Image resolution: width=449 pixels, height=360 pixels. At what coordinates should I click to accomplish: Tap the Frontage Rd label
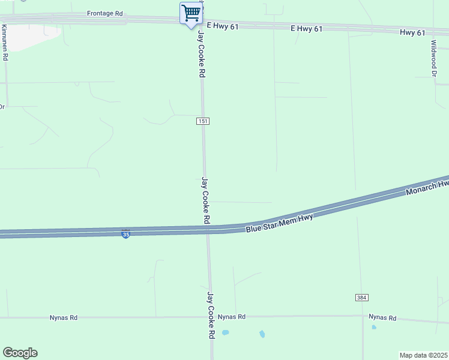[x=104, y=13]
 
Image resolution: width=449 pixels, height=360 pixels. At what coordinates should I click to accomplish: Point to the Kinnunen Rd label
[x=5, y=42]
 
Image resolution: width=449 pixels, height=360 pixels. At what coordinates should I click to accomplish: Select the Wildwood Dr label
[x=433, y=58]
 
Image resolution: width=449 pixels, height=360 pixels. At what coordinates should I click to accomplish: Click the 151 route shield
[x=203, y=121]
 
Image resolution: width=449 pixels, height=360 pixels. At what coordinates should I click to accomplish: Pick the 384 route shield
[x=361, y=298]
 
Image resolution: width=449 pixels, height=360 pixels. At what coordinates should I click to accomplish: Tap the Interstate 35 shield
[x=125, y=235]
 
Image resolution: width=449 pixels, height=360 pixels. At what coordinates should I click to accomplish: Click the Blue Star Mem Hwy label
[x=280, y=223]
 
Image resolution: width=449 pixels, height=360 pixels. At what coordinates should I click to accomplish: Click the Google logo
[x=20, y=353]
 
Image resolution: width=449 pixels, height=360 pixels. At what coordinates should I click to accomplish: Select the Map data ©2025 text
[x=423, y=355]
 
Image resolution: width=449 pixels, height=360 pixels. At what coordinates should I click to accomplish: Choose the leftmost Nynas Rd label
[x=65, y=318]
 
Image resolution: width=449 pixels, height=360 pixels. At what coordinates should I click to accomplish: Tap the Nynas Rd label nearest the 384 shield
[x=382, y=317]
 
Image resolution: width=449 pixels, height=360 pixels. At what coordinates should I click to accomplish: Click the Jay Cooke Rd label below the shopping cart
[x=202, y=55]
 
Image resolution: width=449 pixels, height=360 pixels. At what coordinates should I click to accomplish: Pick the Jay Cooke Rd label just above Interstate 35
[x=205, y=200]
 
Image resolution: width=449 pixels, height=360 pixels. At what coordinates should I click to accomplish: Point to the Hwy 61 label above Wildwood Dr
[x=412, y=32]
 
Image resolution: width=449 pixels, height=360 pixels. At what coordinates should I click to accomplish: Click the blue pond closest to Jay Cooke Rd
[x=225, y=332]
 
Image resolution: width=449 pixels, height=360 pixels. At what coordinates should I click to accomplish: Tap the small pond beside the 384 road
[x=373, y=328]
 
